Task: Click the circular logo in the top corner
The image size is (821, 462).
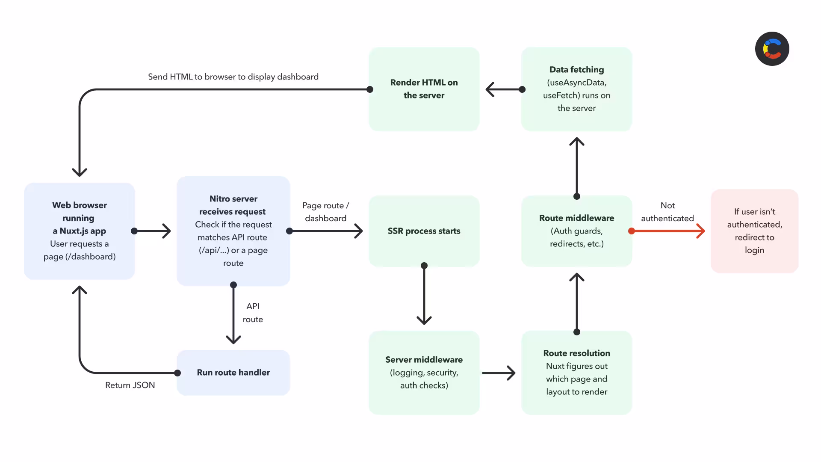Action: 772,49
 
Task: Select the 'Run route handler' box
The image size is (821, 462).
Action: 233,373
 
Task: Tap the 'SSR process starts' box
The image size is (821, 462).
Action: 424,231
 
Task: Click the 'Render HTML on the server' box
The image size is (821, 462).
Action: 424,89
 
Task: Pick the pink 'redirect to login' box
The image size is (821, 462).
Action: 754,231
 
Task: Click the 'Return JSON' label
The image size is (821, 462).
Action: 130,385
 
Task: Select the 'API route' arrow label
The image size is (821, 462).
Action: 253,313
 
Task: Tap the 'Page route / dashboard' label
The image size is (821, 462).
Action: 325,212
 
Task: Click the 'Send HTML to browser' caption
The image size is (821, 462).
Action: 233,77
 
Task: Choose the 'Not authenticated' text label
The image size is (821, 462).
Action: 667,212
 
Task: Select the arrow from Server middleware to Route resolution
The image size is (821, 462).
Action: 499,373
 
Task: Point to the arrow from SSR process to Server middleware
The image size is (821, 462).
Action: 424,293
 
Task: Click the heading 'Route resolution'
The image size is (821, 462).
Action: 576,353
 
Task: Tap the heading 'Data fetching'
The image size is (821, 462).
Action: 576,69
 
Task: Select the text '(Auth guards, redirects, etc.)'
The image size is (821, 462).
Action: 576,237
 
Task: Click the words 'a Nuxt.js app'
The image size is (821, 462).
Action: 79,231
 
